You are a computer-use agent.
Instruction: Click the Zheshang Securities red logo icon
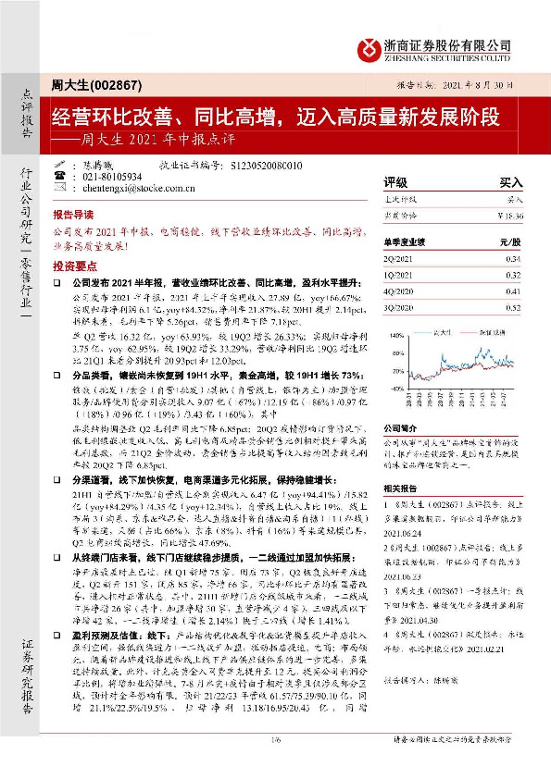tap(370, 45)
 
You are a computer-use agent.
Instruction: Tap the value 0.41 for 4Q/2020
tap(514, 291)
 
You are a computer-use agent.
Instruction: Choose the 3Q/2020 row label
tap(399, 305)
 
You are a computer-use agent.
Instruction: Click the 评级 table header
tap(395, 183)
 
